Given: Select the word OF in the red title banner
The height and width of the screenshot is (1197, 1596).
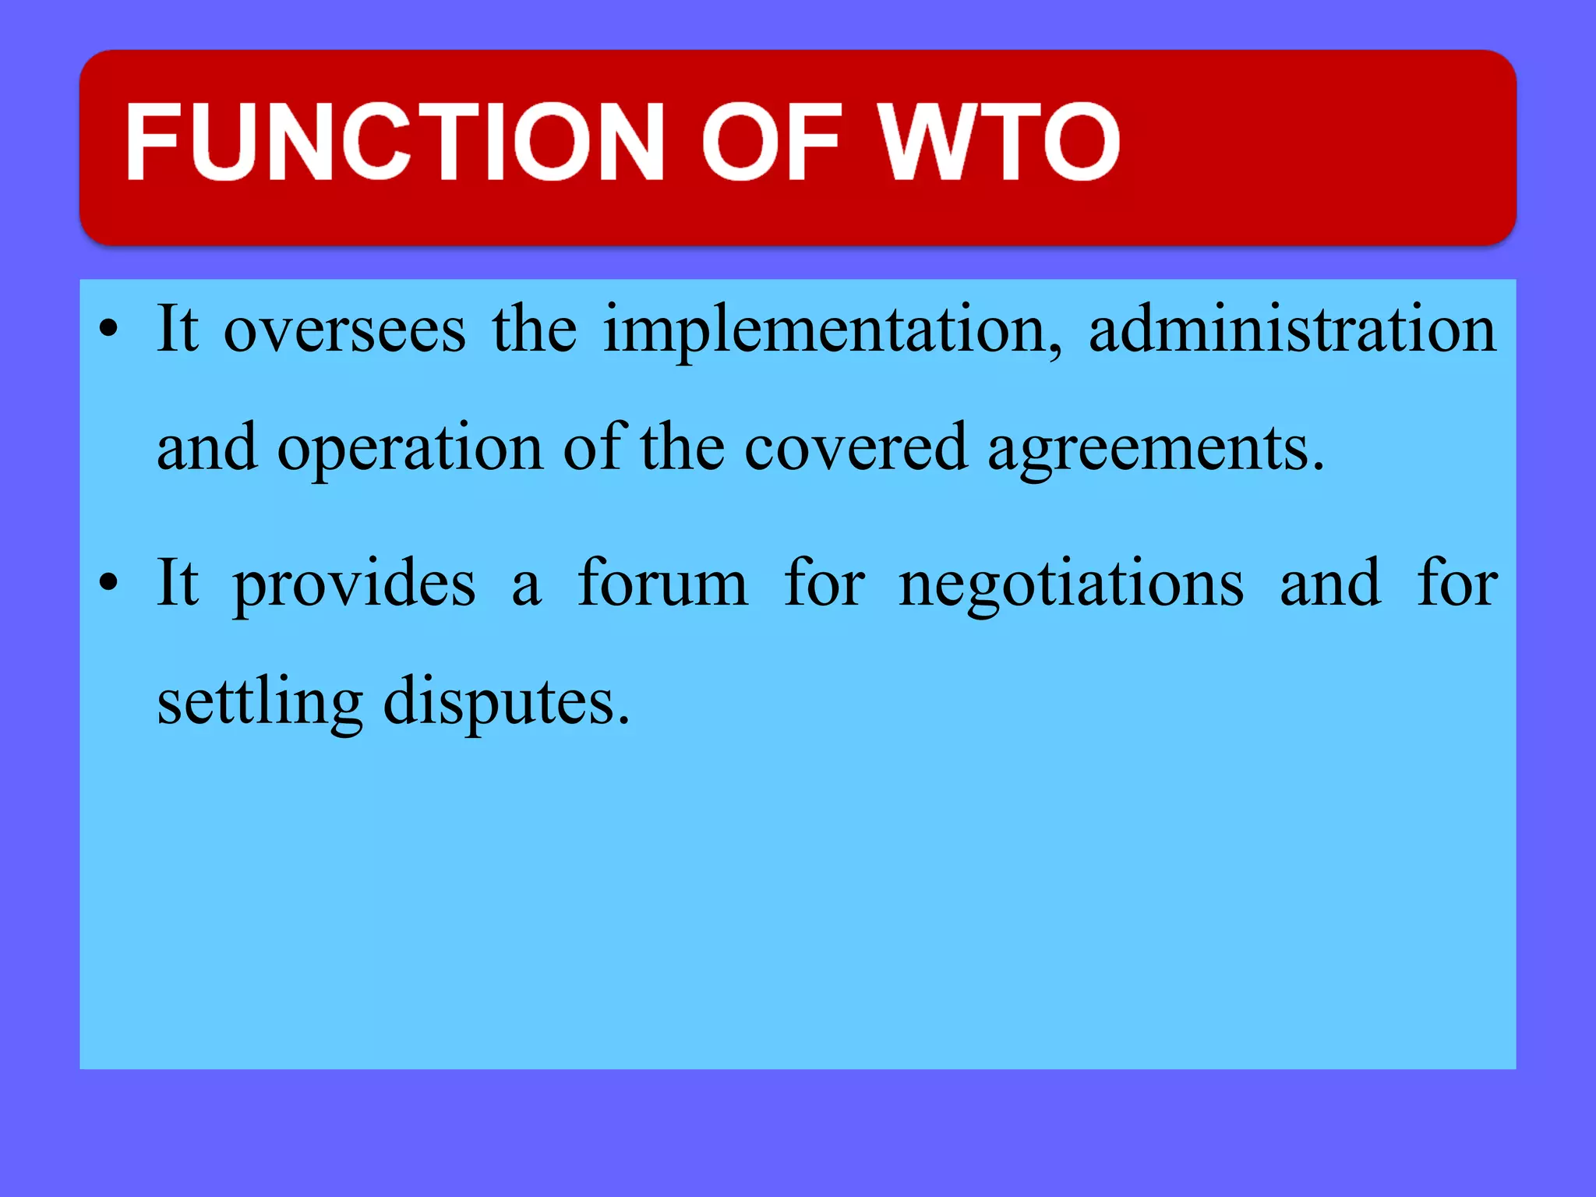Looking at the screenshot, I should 772,142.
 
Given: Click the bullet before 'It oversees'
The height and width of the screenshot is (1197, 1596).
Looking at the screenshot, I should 109,329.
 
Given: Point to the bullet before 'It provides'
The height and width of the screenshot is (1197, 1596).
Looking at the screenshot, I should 109,582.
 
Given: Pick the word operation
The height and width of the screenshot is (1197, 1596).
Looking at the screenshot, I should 410,449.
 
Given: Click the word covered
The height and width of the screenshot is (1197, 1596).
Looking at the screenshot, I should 856,449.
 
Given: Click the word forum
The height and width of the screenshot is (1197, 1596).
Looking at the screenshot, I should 662,583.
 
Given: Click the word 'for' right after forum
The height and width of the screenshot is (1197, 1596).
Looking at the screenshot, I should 824,583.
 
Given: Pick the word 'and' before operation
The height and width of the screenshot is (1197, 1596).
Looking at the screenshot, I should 207,449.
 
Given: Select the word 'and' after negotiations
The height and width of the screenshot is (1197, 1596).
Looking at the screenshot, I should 1331,583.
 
